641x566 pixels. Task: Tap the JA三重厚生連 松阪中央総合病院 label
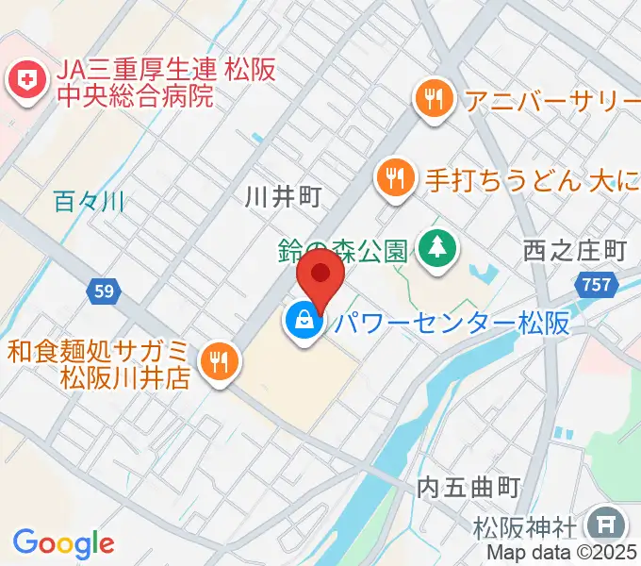pyautogui.click(x=132, y=82)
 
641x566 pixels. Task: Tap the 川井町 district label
pyautogui.click(x=283, y=197)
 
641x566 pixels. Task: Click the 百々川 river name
pyautogui.click(x=90, y=201)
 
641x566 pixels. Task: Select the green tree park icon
pyautogui.click(x=436, y=250)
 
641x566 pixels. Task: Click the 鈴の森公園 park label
pyautogui.click(x=343, y=250)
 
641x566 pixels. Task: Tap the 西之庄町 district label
pyautogui.click(x=575, y=250)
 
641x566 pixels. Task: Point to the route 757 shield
pyautogui.click(x=599, y=284)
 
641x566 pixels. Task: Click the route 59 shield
pyautogui.click(x=104, y=292)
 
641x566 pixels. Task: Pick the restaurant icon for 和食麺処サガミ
pyautogui.click(x=220, y=362)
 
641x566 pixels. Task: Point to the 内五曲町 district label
pyautogui.click(x=468, y=488)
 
